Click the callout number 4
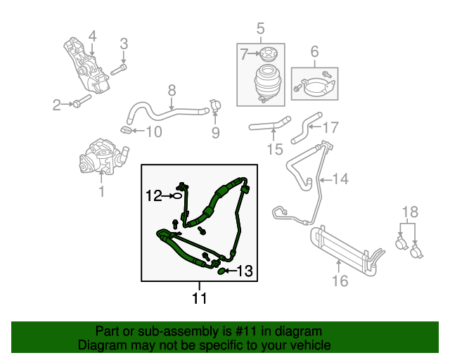point(92,35)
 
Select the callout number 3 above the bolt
point(124,44)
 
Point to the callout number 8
point(171,90)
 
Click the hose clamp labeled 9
point(214,108)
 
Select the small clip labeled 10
point(125,129)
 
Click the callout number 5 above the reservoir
point(260,29)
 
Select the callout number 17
point(330,128)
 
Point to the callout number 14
point(340,179)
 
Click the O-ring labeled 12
point(180,198)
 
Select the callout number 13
point(243,270)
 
